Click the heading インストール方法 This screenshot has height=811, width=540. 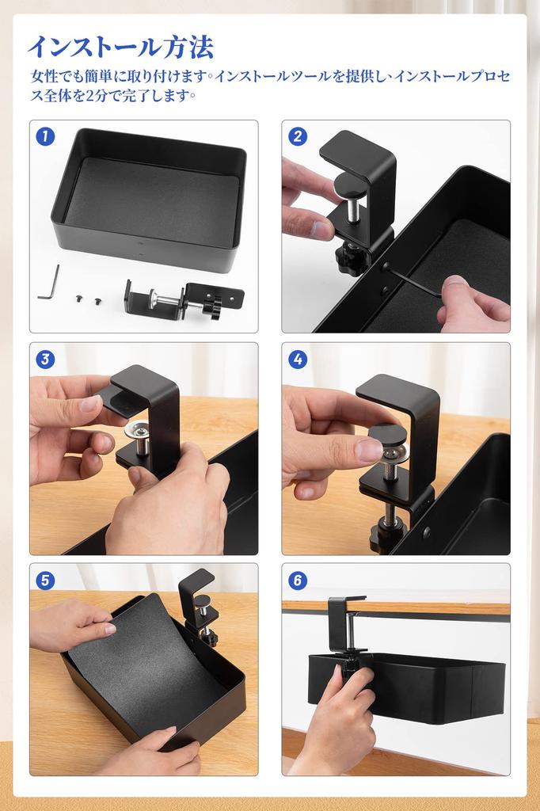[x=120, y=48]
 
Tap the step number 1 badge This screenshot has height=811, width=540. [x=45, y=136]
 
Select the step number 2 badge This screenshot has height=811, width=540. [x=298, y=136]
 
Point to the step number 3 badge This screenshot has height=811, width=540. [x=45, y=359]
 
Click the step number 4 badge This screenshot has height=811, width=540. [x=298, y=359]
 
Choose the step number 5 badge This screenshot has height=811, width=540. [x=45, y=580]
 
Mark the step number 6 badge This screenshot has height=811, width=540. [x=298, y=580]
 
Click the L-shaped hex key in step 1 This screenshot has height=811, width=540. [x=48, y=284]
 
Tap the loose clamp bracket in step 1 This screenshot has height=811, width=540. [x=182, y=300]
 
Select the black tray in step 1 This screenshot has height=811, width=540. [x=150, y=198]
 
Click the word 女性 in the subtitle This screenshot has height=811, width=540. [x=44, y=78]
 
